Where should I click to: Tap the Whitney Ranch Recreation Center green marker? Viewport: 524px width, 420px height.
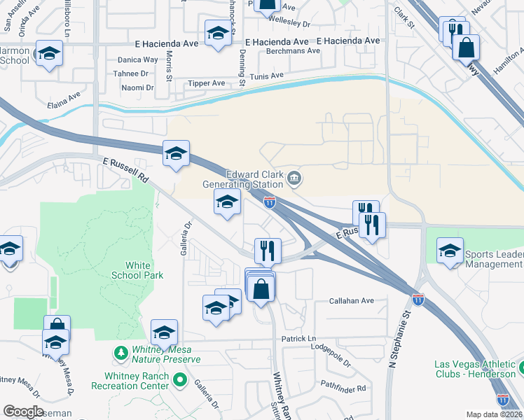(x=180, y=381)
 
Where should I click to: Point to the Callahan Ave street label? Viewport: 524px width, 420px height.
(x=352, y=301)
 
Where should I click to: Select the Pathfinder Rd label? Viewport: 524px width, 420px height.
(x=343, y=388)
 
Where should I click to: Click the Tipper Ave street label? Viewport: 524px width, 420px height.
(x=206, y=83)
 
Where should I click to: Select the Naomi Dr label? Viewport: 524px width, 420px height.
(x=137, y=87)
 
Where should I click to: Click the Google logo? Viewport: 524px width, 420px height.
(x=23, y=412)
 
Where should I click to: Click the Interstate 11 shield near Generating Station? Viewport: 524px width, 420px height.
(x=270, y=202)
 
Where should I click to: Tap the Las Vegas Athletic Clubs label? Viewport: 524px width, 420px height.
(x=475, y=369)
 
